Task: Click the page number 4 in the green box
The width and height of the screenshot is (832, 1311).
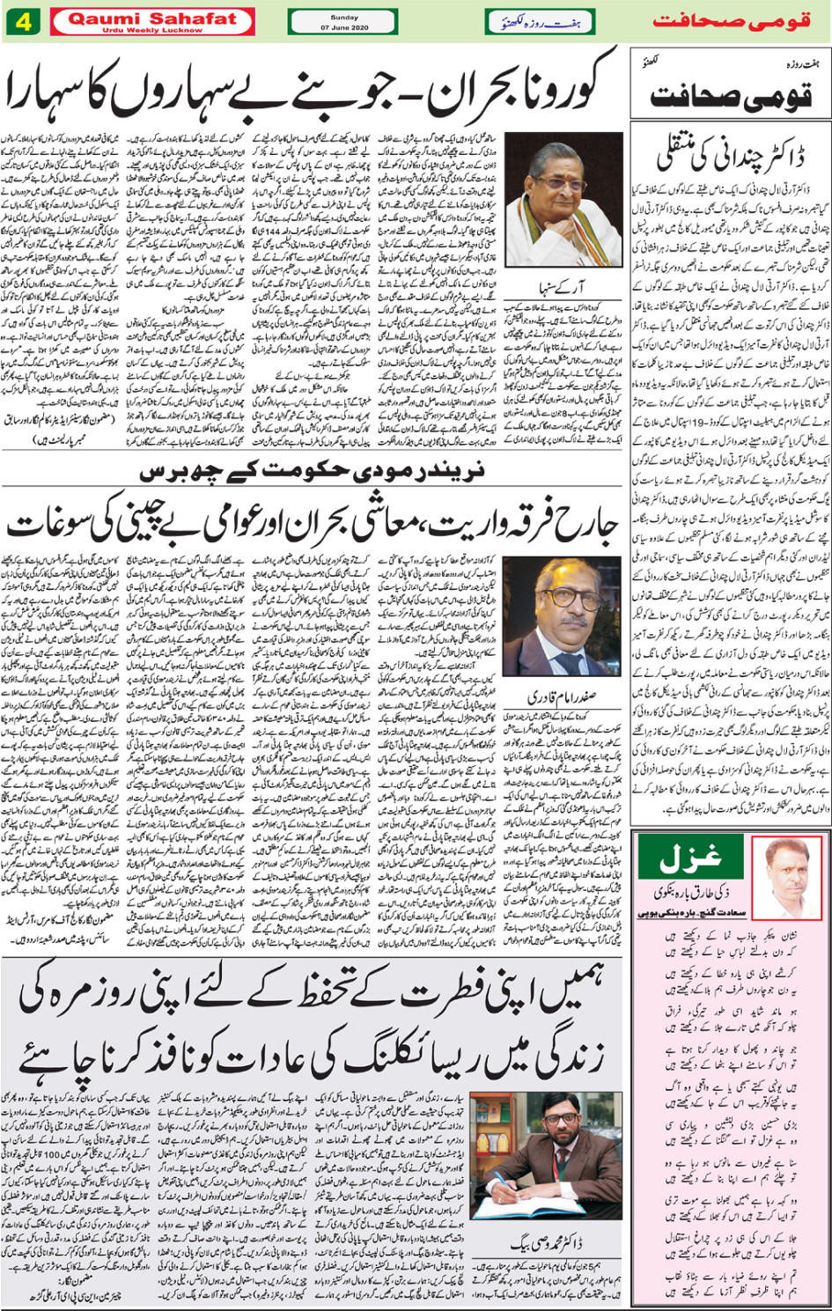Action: coord(23,22)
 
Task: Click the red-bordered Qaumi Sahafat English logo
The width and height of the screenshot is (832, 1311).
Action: coord(152,21)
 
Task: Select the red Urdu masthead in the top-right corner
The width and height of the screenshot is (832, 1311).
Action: coord(731,21)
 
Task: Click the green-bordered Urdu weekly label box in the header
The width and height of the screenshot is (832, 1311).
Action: coord(539,22)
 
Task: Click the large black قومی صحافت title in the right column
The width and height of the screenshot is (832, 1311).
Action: coord(731,94)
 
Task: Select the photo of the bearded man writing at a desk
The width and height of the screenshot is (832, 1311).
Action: coord(547,1158)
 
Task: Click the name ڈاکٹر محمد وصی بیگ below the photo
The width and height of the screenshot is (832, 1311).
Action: coord(547,1244)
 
